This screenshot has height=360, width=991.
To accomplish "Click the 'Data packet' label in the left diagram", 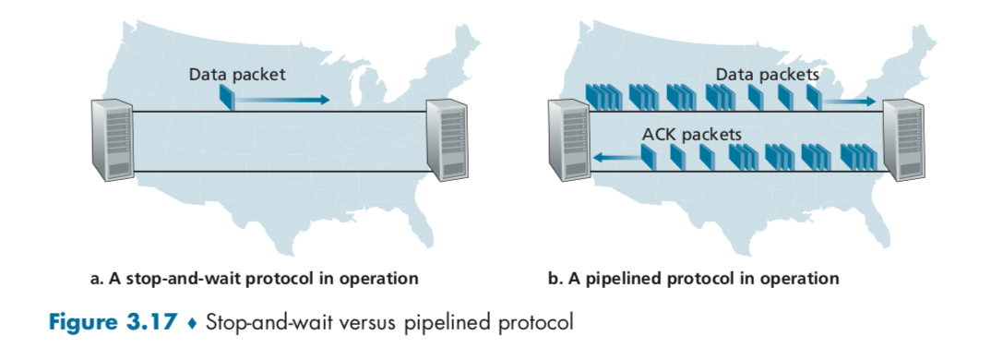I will pyautogui.click(x=237, y=74).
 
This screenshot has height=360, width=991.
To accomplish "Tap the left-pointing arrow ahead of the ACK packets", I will pyautogui.click(x=615, y=159).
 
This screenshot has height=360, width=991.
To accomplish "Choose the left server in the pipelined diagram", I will pyautogui.click(x=568, y=139).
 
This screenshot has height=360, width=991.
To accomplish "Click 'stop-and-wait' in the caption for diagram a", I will pyautogui.click(x=179, y=278).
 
